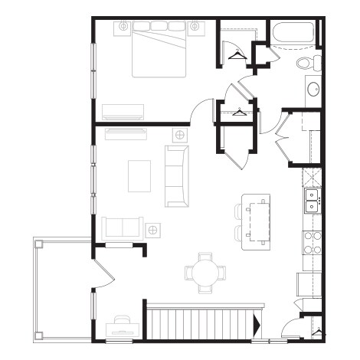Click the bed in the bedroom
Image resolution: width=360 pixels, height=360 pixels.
(x=159, y=51)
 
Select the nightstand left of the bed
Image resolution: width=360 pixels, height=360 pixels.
(x=123, y=28)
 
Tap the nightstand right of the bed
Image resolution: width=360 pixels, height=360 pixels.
(x=195, y=28)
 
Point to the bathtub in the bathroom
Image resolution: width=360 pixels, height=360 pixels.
(x=294, y=35)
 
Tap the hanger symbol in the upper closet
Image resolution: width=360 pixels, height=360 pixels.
(x=236, y=54)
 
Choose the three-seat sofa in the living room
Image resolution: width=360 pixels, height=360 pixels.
(x=177, y=175)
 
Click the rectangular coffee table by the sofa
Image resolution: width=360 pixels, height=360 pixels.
(x=139, y=175)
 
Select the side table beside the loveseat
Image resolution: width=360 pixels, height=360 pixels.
(x=153, y=229)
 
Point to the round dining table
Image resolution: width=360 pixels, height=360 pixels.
(x=206, y=272)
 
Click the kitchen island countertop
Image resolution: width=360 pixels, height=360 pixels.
(x=257, y=221)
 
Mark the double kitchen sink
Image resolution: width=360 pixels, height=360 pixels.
(x=313, y=201)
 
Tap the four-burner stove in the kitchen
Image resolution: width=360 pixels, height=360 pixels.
(x=313, y=243)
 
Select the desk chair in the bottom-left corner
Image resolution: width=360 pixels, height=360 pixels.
(x=122, y=319)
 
